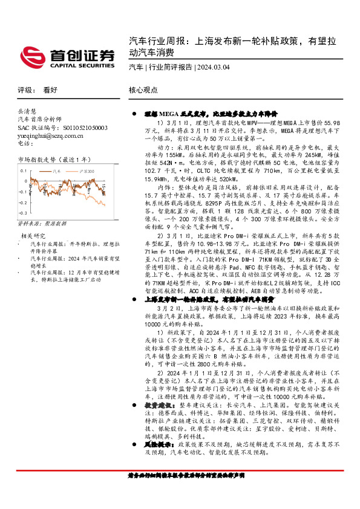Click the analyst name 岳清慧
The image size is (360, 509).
[x=27, y=112]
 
